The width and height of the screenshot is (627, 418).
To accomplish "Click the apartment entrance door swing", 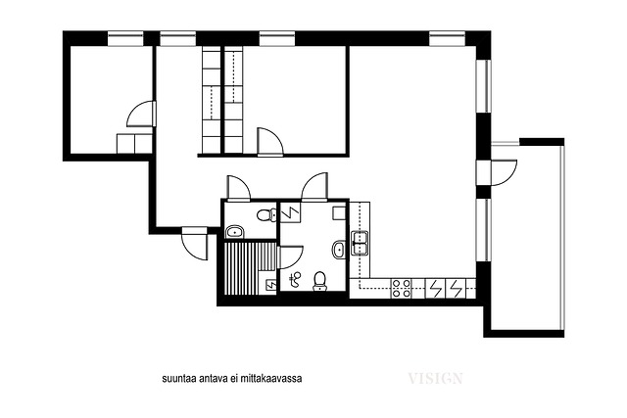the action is [x=195, y=245].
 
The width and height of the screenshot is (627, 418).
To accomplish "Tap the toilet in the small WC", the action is [x=266, y=215].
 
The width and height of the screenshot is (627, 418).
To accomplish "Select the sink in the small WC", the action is [x=235, y=232].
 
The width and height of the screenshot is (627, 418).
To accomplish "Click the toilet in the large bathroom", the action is [x=320, y=281].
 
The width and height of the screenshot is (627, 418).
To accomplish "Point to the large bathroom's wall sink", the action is [x=339, y=250].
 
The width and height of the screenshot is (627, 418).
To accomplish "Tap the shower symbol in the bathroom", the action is [x=296, y=279].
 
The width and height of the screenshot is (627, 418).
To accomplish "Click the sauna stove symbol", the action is [x=271, y=284].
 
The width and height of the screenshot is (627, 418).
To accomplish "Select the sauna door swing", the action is [x=290, y=257].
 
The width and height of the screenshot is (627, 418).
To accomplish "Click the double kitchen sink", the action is [x=360, y=243].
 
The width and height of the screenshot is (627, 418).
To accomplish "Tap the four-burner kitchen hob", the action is [x=402, y=289].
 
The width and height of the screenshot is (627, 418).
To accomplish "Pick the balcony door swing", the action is [x=504, y=172].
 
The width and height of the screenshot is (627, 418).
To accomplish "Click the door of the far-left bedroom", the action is [x=141, y=115].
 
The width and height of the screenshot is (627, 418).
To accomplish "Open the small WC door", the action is [x=238, y=187].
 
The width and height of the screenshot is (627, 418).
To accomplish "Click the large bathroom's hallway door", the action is [x=315, y=186].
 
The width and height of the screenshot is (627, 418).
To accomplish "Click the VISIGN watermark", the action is [x=435, y=378].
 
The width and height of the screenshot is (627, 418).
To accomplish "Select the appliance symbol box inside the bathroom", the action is [x=291, y=212].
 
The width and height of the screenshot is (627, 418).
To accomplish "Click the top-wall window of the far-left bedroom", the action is [x=125, y=39].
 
